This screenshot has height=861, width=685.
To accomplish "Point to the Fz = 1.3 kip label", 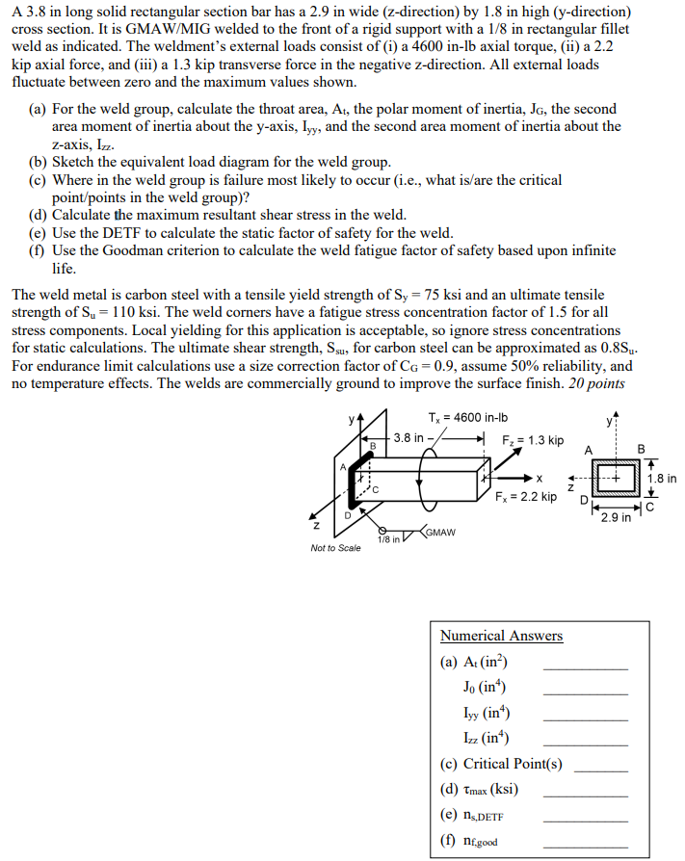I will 533,440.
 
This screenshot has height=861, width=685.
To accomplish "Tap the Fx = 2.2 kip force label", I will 525,497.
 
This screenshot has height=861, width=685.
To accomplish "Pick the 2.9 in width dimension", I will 617,518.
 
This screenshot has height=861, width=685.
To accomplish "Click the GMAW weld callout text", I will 439,532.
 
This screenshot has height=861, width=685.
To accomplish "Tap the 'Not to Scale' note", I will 336,548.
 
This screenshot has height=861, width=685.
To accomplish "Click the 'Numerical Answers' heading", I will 501,636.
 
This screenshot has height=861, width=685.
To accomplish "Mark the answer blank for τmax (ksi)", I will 585,794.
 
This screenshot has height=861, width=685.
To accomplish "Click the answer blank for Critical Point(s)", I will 600,769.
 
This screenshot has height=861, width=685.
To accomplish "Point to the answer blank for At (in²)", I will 585,666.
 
